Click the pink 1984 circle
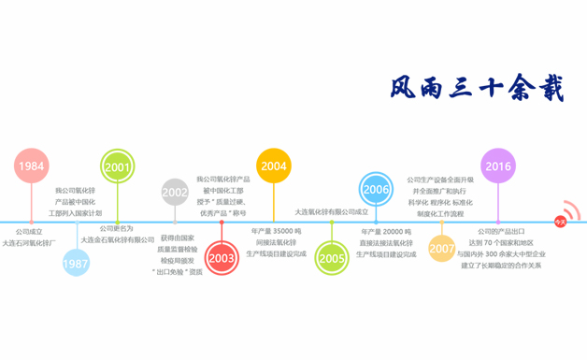[x=31, y=166]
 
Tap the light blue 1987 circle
[x=77, y=265]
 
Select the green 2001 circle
[x=117, y=166]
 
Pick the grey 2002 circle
[x=175, y=193]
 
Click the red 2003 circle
[x=222, y=258]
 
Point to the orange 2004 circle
[x=273, y=166]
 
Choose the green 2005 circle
[x=331, y=258]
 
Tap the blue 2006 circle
[x=376, y=189]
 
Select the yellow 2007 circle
[x=442, y=249]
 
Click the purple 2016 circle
[x=498, y=166]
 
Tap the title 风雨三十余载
[x=477, y=88]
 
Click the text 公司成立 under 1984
[x=29, y=231]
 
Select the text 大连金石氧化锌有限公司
[x=118, y=240]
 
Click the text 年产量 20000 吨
[x=387, y=231]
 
